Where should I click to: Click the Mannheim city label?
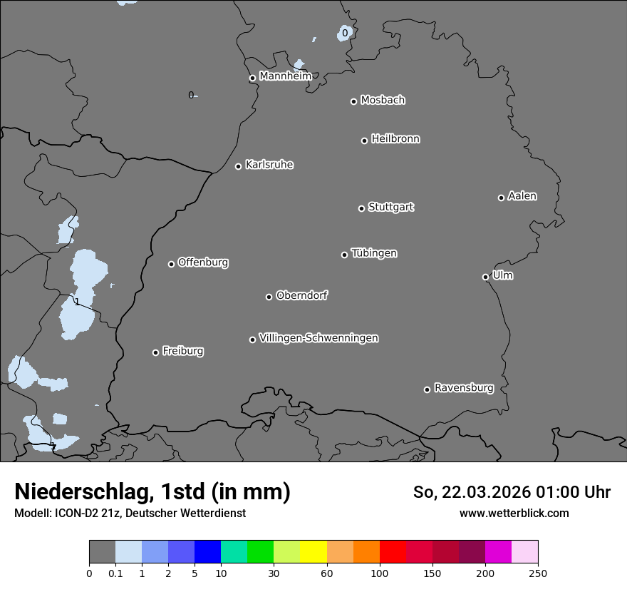(x=285, y=76)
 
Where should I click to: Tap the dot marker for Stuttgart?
(x=361, y=208)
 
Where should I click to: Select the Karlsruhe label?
(x=269, y=165)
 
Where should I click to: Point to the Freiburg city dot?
(x=155, y=352)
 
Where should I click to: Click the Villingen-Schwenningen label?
(x=318, y=338)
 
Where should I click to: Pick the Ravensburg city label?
(x=464, y=388)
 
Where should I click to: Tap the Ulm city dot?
(x=485, y=277)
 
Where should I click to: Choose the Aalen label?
(x=522, y=196)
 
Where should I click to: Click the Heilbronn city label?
(x=395, y=139)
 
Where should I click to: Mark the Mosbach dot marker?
(x=353, y=101)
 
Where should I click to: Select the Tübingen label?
(x=374, y=253)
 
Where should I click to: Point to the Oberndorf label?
(x=302, y=295)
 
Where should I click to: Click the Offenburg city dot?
(x=171, y=264)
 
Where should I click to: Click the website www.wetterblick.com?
(x=514, y=513)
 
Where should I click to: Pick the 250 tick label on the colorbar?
(x=538, y=573)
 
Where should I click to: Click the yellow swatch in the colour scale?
(x=313, y=552)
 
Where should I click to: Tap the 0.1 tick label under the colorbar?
(x=115, y=573)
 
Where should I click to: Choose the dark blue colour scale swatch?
(x=208, y=552)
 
